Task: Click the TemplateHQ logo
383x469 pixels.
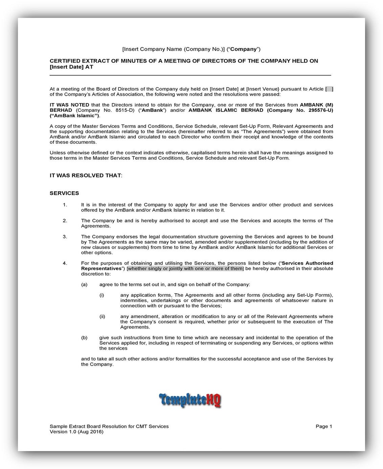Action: (x=190, y=400)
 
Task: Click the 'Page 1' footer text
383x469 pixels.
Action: (x=324, y=426)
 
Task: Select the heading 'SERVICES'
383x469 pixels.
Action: (x=64, y=193)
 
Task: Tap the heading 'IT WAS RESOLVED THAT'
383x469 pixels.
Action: (x=85, y=175)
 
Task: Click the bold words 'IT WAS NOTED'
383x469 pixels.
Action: (x=69, y=105)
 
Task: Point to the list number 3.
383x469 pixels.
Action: (x=65, y=237)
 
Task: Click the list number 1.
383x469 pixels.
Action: (x=65, y=205)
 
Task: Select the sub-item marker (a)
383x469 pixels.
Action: (x=84, y=285)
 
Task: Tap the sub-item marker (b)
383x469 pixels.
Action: (x=84, y=338)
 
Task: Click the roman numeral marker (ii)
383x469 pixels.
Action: (x=102, y=317)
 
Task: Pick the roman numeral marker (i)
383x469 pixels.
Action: (x=102, y=295)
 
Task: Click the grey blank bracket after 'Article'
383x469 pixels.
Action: (x=329, y=89)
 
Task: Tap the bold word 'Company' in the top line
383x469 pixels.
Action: (x=244, y=49)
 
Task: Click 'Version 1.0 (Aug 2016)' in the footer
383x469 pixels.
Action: (x=76, y=432)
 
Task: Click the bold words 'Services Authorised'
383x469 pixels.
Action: (x=307, y=263)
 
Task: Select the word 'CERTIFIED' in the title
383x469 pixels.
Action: (x=65, y=61)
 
